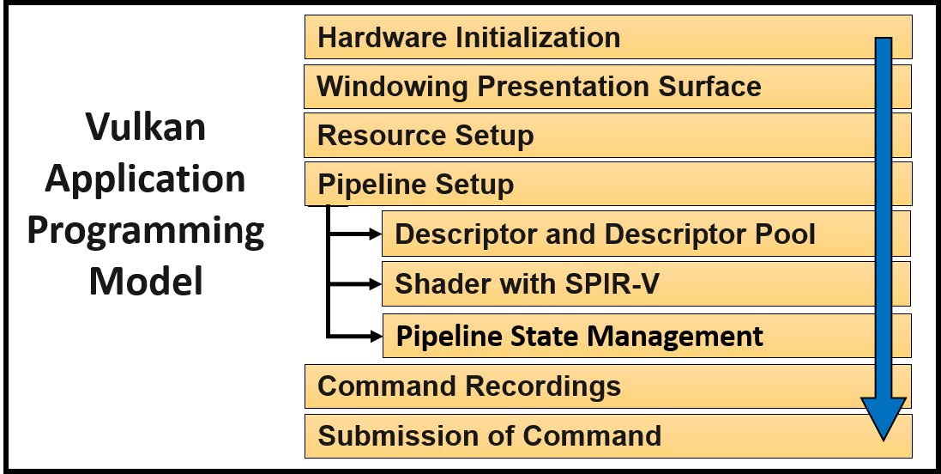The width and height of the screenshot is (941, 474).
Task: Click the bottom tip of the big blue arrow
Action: point(883,441)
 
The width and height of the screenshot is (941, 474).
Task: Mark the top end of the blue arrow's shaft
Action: point(883,38)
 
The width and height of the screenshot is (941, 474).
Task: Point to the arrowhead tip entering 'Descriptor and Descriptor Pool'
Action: point(382,234)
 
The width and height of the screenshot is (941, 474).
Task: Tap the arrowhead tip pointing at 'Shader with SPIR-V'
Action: point(382,283)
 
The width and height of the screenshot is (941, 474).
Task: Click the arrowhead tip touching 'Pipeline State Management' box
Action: point(383,336)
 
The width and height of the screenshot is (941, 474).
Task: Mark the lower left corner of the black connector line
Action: point(329,336)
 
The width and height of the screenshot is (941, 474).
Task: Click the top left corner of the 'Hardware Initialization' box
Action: point(305,15)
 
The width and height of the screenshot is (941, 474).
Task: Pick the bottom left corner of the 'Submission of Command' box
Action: point(305,458)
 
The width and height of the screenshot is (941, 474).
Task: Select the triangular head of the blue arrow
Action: point(883,419)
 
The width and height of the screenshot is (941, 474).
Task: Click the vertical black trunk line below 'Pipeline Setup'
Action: point(329,271)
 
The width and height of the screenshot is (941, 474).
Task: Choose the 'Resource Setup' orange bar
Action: point(608,135)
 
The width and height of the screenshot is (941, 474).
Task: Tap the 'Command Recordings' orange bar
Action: point(608,386)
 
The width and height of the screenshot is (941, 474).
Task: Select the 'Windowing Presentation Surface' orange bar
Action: point(608,87)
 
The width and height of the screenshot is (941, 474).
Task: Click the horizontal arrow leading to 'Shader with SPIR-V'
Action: point(354,283)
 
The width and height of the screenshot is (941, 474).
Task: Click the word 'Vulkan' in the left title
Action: point(146,127)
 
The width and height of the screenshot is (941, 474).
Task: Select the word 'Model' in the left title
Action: point(146,281)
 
